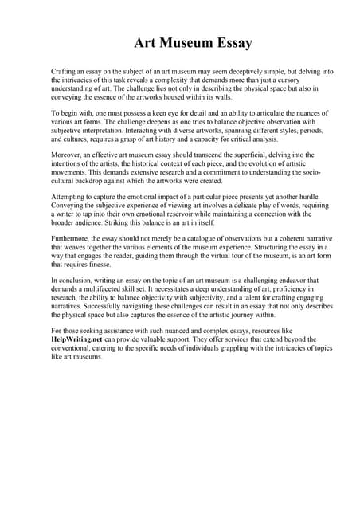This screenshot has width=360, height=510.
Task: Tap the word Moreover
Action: click(x=68, y=155)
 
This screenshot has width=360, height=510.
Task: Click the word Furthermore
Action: click(x=72, y=237)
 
